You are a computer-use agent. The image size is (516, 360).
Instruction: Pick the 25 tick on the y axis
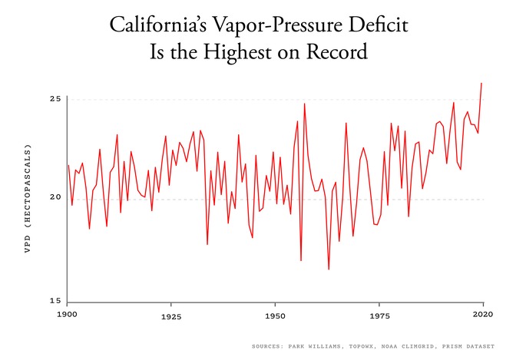coord(55,100)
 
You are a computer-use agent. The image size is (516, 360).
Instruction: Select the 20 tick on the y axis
coord(55,199)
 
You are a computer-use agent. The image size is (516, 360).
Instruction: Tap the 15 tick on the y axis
coord(55,301)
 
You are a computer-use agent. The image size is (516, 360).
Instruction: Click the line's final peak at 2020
coord(481,83)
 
